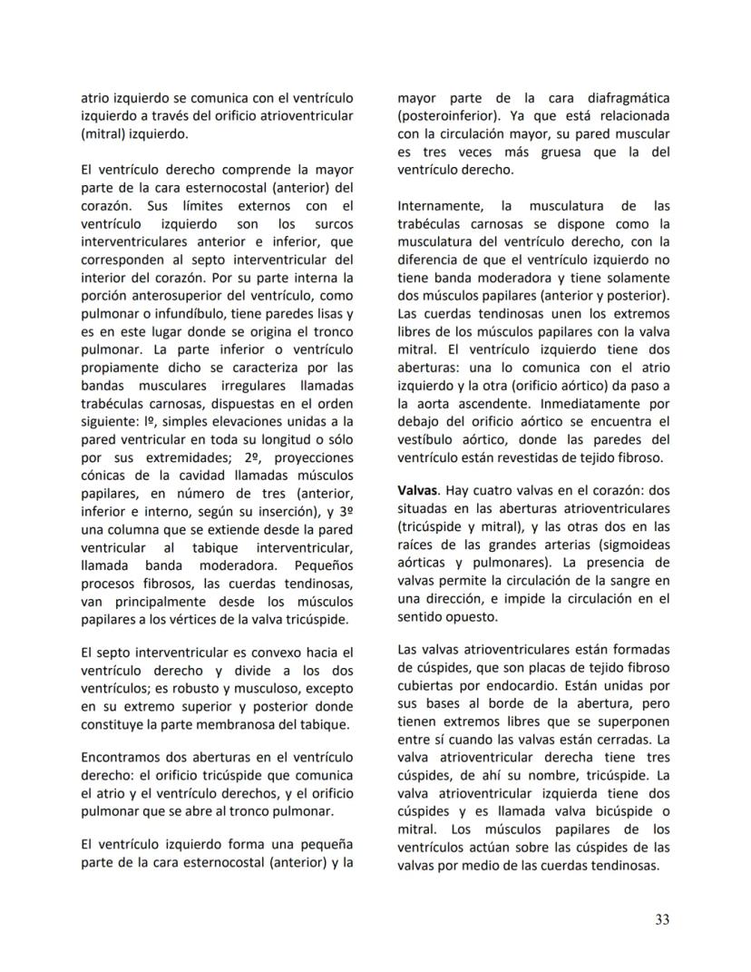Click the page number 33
click(661, 919)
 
